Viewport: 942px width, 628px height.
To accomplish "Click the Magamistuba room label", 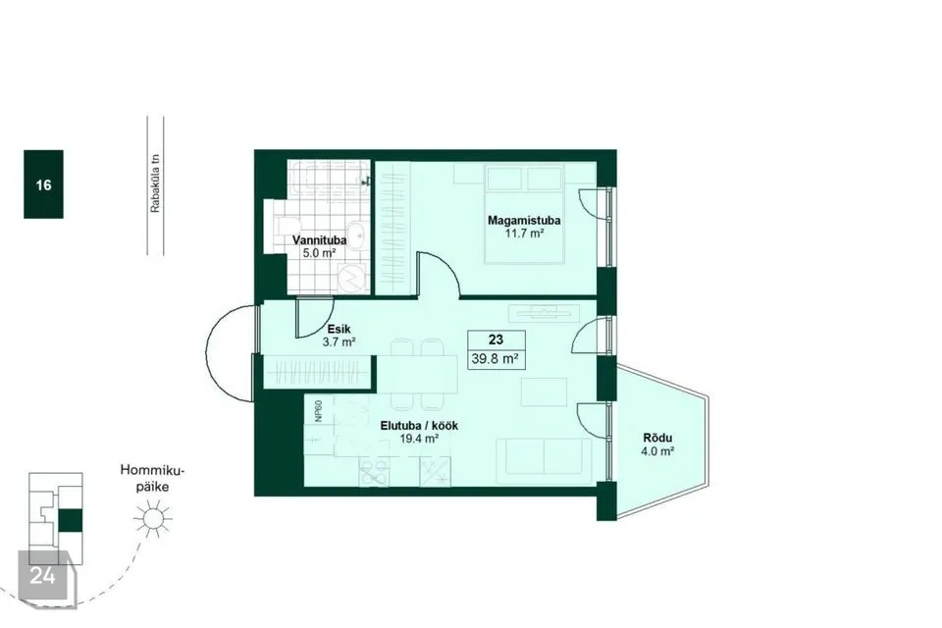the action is click(x=524, y=220).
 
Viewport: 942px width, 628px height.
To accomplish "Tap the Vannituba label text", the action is click(x=319, y=240).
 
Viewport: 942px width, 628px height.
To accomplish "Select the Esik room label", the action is click(x=339, y=330).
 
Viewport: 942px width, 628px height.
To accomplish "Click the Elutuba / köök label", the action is click(x=419, y=426).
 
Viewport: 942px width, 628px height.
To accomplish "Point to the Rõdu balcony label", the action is click(x=657, y=438).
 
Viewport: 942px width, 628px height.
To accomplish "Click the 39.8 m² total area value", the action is click(x=496, y=359).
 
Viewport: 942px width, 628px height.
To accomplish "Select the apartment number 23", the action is click(x=496, y=340).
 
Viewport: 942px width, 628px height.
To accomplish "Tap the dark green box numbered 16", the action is click(x=43, y=183).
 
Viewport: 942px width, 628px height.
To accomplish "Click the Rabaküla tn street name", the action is click(x=156, y=183).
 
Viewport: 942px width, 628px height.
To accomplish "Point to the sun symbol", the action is click(x=153, y=519).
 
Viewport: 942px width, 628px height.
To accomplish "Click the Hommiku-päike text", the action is click(x=153, y=479).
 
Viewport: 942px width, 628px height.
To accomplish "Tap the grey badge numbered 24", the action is click(x=42, y=575).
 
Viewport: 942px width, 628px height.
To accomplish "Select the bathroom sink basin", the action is click(x=359, y=236).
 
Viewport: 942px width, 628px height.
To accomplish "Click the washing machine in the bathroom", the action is click(x=352, y=278).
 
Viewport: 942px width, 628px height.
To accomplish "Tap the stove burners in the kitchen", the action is click(x=374, y=472).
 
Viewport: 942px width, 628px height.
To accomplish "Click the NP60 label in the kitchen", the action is click(x=318, y=411).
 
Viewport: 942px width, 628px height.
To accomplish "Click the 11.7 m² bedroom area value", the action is click(x=524, y=234).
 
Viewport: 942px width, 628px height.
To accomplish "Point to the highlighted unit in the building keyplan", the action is click(x=71, y=520).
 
